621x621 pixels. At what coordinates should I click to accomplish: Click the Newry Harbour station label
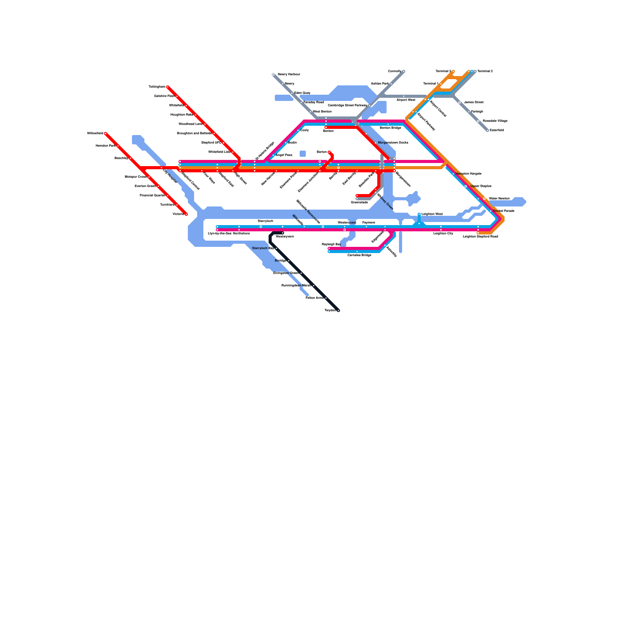[289, 74]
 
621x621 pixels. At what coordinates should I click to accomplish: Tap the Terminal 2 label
[485, 71]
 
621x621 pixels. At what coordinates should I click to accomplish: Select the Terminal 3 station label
[443, 71]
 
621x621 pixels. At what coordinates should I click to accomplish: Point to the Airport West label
[406, 100]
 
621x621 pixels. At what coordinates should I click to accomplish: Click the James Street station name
[474, 102]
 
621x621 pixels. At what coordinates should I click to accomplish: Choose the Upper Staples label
[480, 186]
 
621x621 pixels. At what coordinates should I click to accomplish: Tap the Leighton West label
[432, 214]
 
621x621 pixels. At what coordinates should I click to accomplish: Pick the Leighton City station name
[443, 234]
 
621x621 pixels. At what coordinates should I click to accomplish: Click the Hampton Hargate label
[468, 174]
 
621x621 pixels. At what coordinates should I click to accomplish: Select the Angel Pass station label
[284, 155]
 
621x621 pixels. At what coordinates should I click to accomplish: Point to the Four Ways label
[209, 178]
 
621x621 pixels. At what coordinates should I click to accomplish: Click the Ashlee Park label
[380, 84]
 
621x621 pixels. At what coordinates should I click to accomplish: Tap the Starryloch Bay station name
[263, 248]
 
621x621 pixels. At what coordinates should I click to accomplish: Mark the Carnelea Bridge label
[359, 255]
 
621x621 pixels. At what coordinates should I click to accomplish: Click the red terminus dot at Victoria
[186, 214]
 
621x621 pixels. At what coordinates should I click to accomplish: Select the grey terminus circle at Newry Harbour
[273, 75]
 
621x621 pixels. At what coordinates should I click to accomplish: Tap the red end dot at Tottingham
[168, 87]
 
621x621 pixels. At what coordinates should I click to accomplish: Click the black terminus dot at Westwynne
[283, 233]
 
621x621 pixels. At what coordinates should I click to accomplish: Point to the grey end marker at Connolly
[404, 71]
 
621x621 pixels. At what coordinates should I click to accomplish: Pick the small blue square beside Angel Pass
[303, 154]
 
